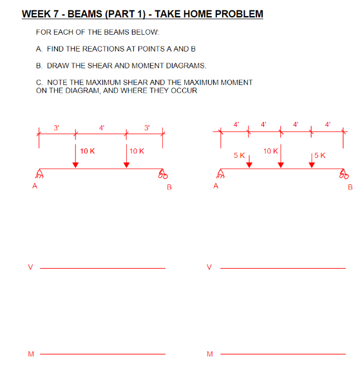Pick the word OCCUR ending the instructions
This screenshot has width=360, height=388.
184,90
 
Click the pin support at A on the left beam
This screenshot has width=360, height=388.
39,173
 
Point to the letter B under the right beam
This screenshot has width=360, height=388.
350,188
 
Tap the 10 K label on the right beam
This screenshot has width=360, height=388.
270,151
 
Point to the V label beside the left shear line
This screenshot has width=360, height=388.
29,266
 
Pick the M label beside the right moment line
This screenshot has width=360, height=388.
209,353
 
